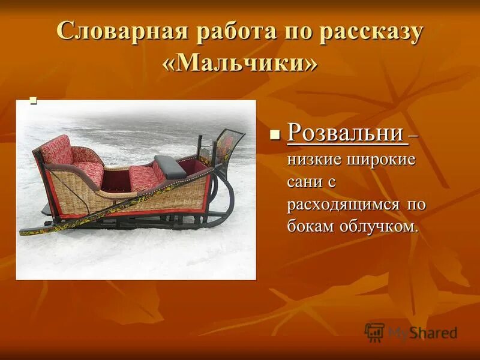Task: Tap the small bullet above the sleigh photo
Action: pyautogui.click(x=34, y=101)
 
